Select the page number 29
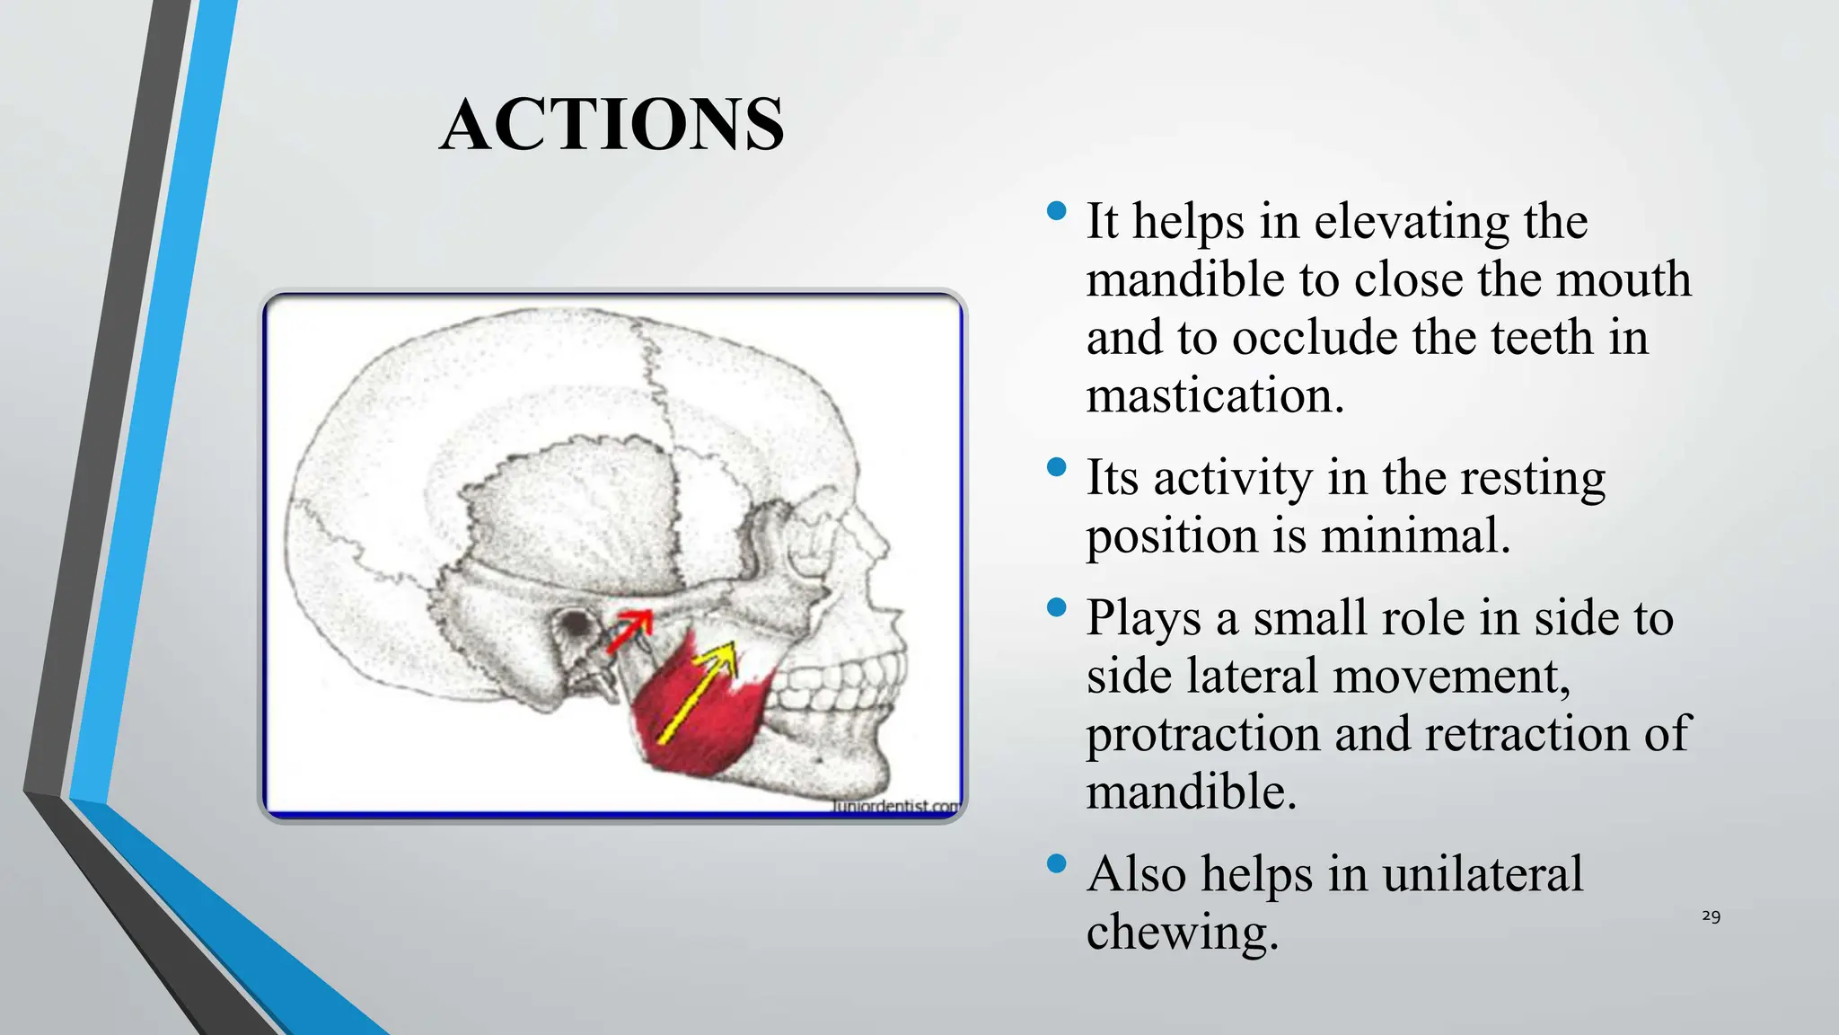(1711, 916)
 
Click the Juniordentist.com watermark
(894, 806)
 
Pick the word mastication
(1215, 395)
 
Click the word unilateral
(1483, 873)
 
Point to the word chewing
(1182, 932)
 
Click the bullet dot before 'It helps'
(1057, 212)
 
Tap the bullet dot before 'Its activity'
(1057, 467)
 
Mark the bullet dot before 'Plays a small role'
(1057, 608)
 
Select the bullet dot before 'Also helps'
(1057, 864)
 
